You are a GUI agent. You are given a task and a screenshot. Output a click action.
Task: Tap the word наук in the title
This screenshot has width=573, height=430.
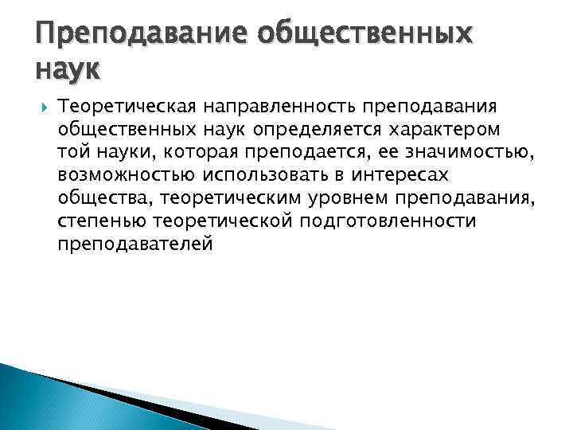pyautogui.click(x=68, y=71)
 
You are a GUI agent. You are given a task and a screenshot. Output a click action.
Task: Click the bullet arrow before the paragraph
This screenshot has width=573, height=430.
pyautogui.click(x=42, y=106)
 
